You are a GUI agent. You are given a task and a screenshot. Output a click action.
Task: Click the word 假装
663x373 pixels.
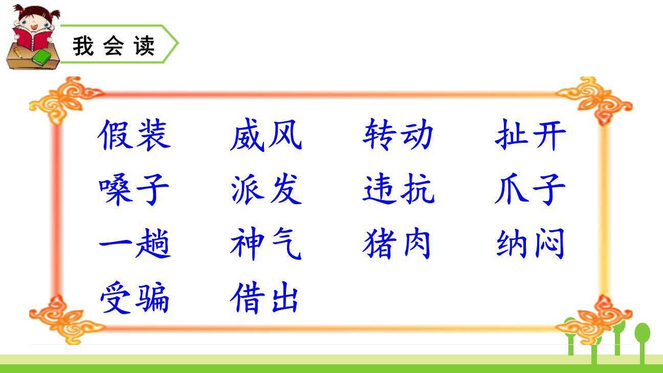pos(134,135)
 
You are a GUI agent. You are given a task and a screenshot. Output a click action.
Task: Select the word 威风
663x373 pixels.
pos(266,135)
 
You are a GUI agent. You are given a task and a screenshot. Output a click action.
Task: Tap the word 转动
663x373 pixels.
pos(398,135)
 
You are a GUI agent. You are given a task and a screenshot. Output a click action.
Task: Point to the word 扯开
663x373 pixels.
pos(531,135)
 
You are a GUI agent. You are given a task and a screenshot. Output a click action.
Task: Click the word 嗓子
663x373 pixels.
pos(134,189)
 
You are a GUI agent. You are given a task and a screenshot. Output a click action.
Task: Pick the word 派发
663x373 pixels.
pos(266,189)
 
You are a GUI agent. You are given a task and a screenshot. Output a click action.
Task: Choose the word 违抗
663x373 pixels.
pos(398,189)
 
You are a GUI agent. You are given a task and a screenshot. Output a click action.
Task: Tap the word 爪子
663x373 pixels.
pos(531,189)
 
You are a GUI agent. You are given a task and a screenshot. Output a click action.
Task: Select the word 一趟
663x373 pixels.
pos(134,244)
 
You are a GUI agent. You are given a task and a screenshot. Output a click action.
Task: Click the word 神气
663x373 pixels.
pos(266,244)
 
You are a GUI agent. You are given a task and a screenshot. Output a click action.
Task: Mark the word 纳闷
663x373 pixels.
pos(531,244)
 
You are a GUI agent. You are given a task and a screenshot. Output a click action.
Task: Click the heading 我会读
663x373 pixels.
pos(114,46)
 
